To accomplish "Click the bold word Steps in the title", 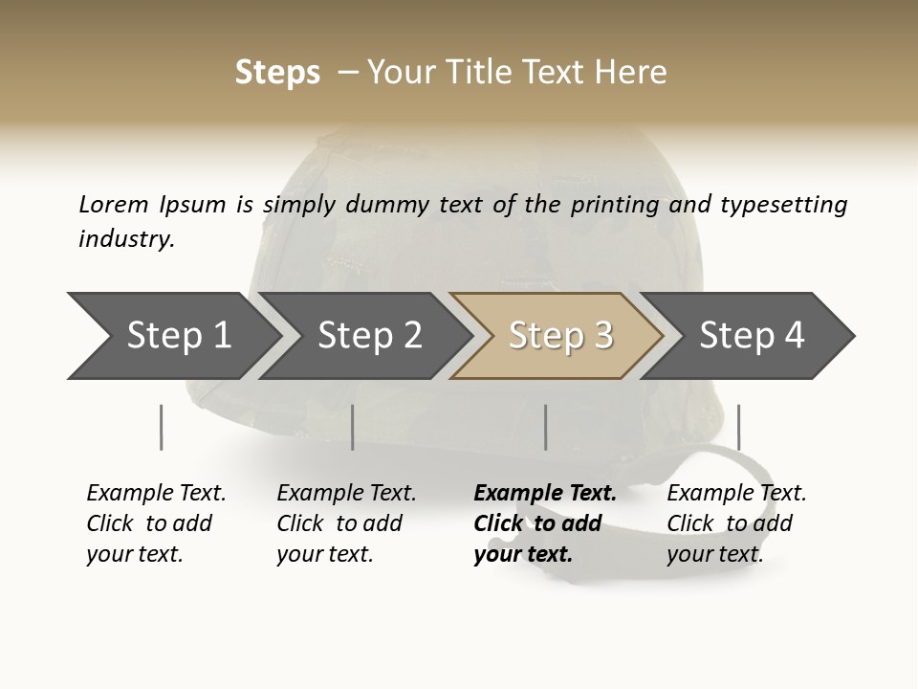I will (x=277, y=73).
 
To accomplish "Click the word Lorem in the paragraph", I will (x=113, y=205).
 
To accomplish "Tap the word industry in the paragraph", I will (x=126, y=239).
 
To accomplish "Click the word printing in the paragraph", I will (x=618, y=205).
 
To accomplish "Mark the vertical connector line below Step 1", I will (x=161, y=427).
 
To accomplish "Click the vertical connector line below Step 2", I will (x=353, y=427).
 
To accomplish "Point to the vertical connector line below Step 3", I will (x=545, y=427).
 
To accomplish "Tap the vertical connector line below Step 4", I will (x=738, y=427).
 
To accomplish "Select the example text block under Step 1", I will (x=156, y=523).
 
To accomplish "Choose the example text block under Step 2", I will (x=346, y=523).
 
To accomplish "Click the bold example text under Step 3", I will (x=545, y=523).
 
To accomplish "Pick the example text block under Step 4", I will (x=736, y=523).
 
